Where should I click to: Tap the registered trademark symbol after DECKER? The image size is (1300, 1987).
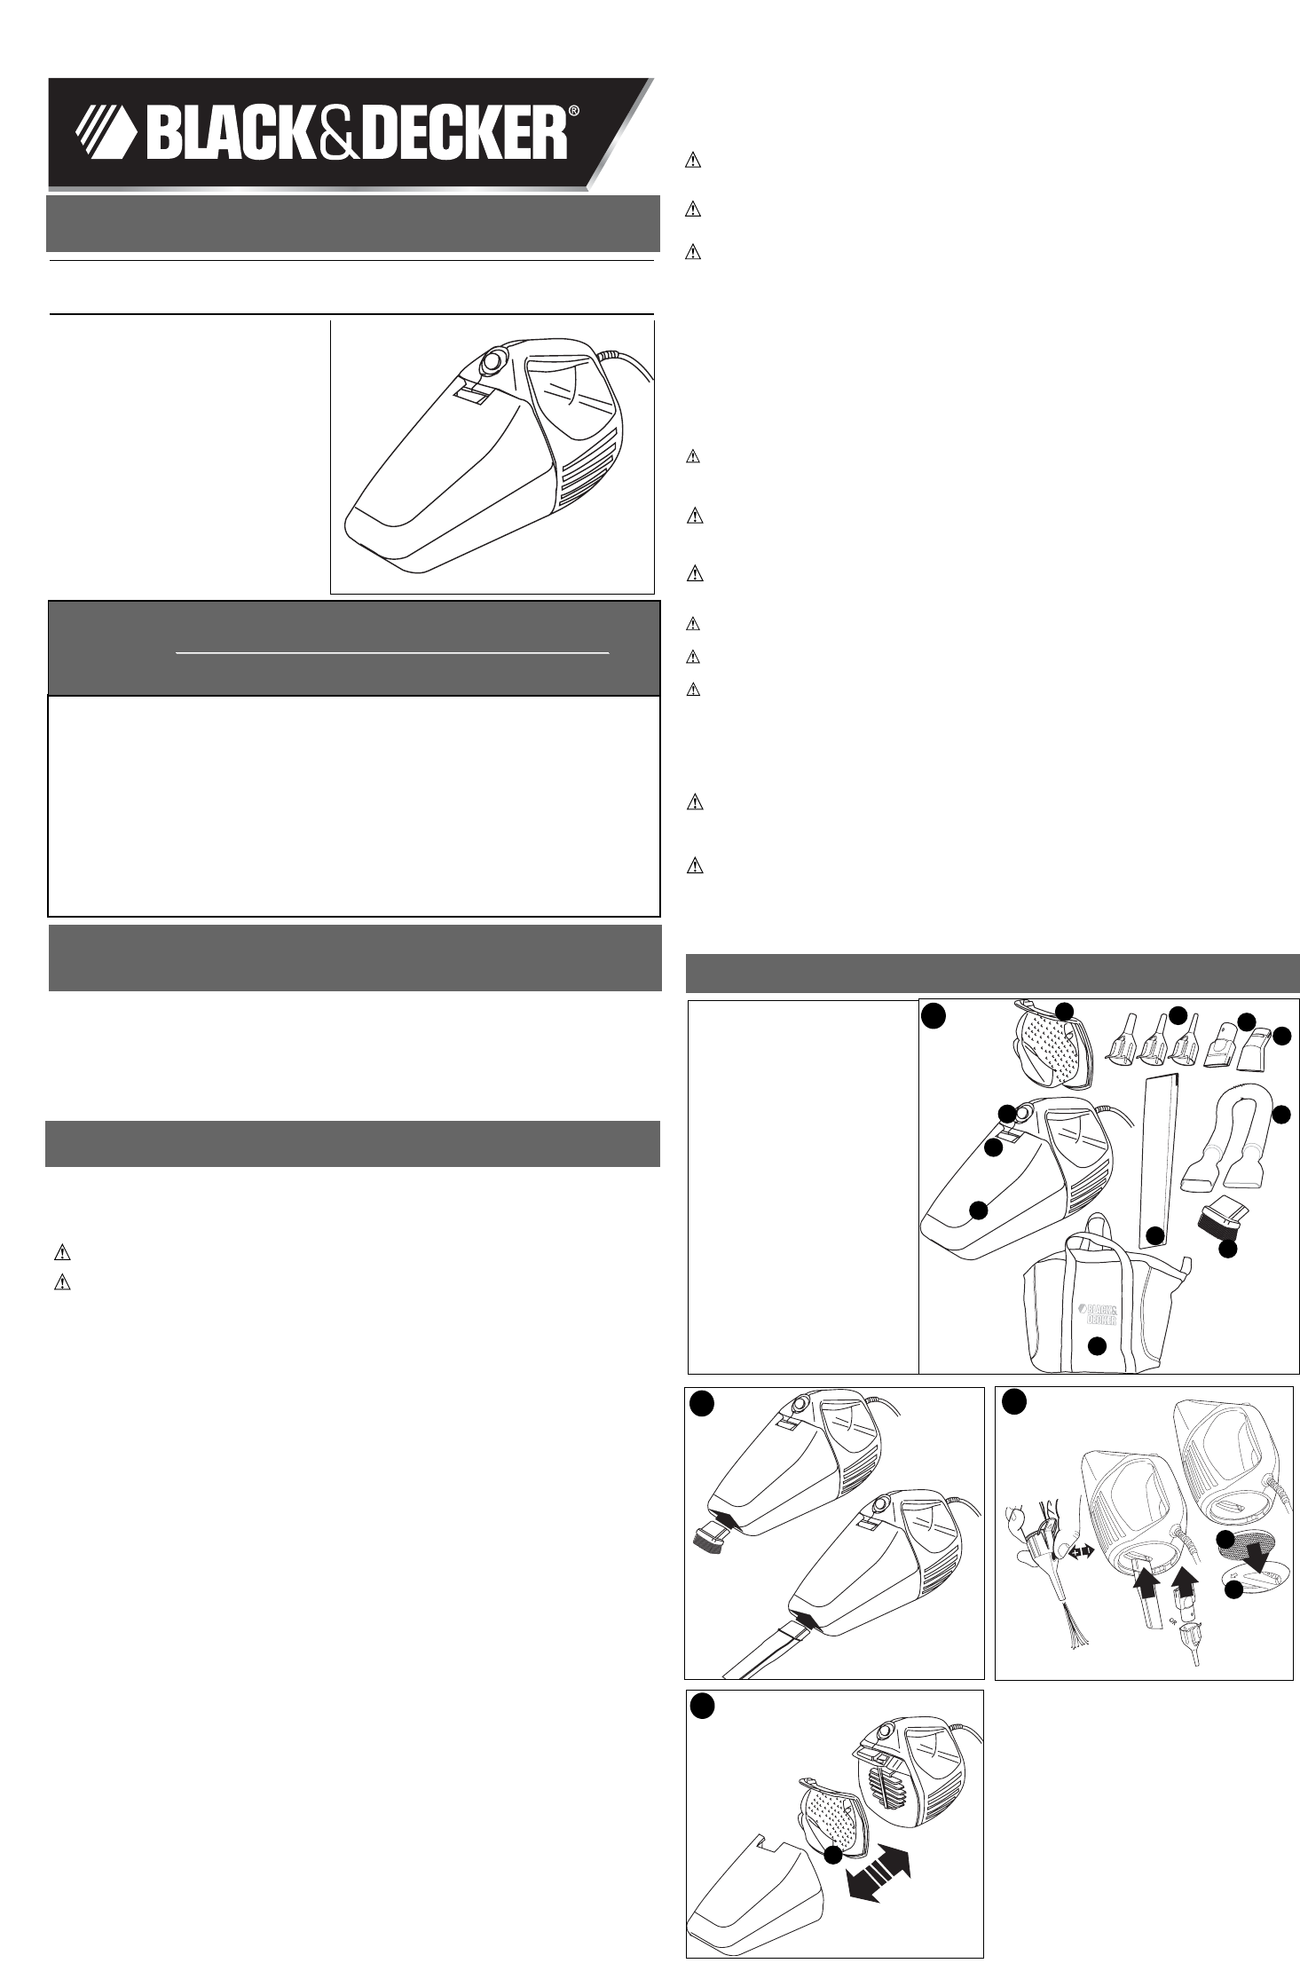click(x=573, y=112)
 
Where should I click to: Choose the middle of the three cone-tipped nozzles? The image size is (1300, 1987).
click(x=1154, y=1044)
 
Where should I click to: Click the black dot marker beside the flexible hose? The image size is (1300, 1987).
click(x=1280, y=1116)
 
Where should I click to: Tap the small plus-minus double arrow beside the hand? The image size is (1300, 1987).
click(x=1081, y=1552)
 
